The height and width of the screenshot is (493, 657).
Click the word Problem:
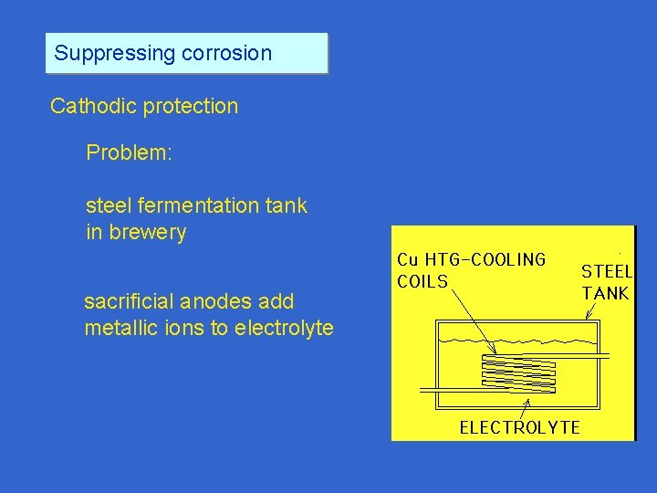pyautogui.click(x=129, y=152)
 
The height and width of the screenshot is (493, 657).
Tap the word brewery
pyautogui.click(x=148, y=233)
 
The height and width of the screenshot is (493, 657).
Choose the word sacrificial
pyautogui.click(x=129, y=301)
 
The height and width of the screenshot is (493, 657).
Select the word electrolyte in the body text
pyautogui.click(x=284, y=328)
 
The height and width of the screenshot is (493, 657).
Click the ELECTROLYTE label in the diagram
pyautogui.click(x=519, y=427)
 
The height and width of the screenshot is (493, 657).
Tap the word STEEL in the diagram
pyautogui.click(x=606, y=271)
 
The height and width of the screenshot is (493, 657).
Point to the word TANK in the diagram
pyautogui.click(x=606, y=293)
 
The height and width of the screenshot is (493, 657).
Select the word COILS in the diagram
pyautogui.click(x=422, y=281)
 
